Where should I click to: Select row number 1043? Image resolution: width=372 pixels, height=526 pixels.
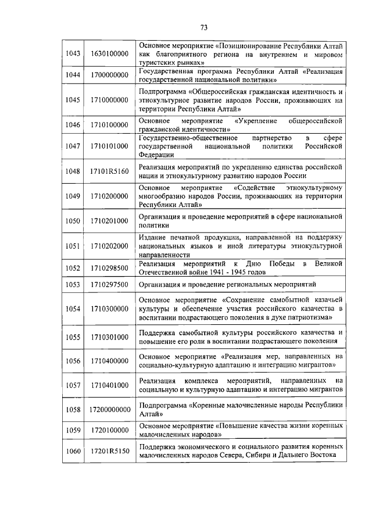73,53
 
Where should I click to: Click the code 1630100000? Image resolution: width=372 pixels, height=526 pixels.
109,53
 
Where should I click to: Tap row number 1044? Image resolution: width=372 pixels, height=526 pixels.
73,75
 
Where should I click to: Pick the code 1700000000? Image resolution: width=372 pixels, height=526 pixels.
109,75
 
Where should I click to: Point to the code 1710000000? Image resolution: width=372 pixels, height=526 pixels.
109,100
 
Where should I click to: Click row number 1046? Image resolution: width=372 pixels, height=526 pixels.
73,124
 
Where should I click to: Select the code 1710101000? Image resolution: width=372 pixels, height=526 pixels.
109,146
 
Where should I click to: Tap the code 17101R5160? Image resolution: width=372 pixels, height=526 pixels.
109,171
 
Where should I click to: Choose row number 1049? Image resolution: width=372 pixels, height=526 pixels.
73,196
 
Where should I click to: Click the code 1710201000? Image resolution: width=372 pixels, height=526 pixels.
109,221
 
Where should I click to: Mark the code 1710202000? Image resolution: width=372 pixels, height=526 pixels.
109,246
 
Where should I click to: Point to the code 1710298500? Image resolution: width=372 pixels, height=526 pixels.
109,268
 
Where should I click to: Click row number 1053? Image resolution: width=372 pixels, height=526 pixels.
73,285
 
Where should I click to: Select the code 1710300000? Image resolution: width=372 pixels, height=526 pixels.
109,309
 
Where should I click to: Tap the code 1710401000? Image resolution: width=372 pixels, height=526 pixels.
109,385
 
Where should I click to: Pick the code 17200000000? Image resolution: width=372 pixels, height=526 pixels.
109,410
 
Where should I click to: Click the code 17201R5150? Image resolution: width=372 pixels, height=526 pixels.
109,452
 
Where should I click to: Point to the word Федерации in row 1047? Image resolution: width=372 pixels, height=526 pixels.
156,155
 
